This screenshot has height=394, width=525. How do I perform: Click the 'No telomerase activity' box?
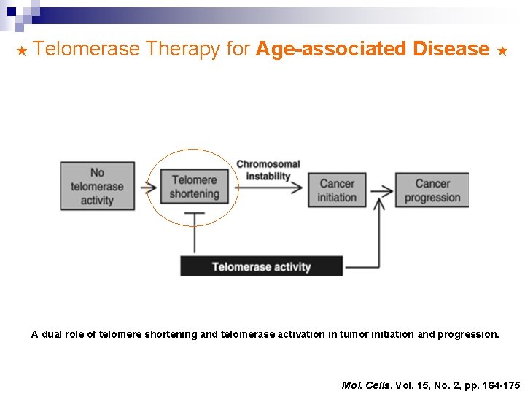click(x=97, y=186)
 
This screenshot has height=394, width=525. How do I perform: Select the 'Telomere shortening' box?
click(x=194, y=187)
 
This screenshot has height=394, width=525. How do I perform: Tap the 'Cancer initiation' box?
click(x=337, y=190)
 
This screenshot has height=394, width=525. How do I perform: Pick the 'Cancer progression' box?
click(x=432, y=190)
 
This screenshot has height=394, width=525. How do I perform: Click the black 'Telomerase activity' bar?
click(x=261, y=266)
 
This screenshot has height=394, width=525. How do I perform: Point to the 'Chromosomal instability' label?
click(x=268, y=170)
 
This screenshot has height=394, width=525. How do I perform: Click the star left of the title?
click(x=21, y=50)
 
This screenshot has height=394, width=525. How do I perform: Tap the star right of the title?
click(x=502, y=50)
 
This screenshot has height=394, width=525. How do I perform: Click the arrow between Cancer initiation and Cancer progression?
click(x=381, y=190)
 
